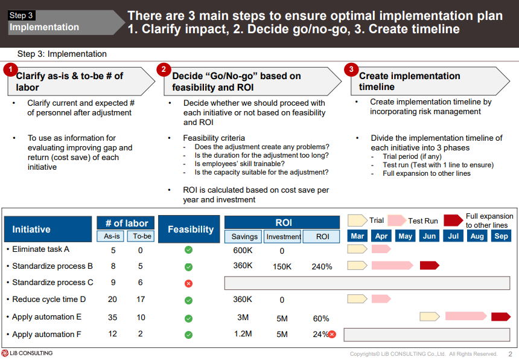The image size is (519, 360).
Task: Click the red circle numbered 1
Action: click(10, 69)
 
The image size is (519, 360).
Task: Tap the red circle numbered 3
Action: click(351, 69)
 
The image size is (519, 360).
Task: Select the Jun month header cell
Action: click(429, 236)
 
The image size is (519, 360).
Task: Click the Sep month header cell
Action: click(501, 236)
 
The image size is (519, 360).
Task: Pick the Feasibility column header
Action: click(190, 230)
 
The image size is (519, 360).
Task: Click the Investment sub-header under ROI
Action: click(283, 237)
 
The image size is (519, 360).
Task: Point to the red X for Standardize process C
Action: click(188, 283)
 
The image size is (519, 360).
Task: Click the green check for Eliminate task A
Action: click(188, 249)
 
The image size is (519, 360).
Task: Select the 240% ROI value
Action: click(322, 266)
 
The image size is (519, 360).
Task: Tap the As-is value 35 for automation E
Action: click(112, 317)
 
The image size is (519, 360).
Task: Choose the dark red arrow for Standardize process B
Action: click(429, 265)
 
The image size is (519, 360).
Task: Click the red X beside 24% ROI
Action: click(332, 334)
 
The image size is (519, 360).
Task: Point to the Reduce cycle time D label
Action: click(49, 300)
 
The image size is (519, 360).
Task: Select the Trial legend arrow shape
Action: click(357, 220)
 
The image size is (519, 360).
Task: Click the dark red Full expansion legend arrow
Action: click(453, 220)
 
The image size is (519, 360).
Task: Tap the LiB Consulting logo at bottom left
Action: click(27, 353)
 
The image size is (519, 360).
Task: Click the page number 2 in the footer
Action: click(510, 354)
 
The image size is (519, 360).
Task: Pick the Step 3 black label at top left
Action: click(22, 16)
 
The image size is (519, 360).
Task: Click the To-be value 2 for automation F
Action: click(141, 334)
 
